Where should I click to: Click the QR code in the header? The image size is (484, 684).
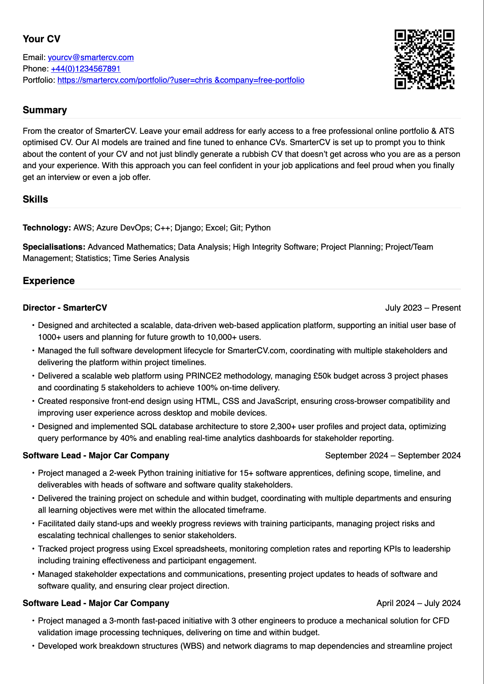424,59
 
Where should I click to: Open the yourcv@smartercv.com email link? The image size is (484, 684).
91,58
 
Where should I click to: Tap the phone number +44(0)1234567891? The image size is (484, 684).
85,69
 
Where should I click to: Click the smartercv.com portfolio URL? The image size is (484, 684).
181,80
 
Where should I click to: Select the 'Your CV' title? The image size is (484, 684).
41,39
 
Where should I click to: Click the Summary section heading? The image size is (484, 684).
45,110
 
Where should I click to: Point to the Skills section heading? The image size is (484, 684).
35,200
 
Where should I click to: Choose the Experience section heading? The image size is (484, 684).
49,281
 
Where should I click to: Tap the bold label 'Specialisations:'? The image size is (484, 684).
54,247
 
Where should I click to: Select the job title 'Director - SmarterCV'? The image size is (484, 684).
65,308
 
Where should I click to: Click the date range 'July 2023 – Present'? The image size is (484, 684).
423,308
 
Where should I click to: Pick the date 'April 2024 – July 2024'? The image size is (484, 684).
418,603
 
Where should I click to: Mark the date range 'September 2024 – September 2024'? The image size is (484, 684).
392,456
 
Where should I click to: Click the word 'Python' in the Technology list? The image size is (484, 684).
258,228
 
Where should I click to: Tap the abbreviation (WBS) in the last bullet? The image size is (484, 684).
192,646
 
